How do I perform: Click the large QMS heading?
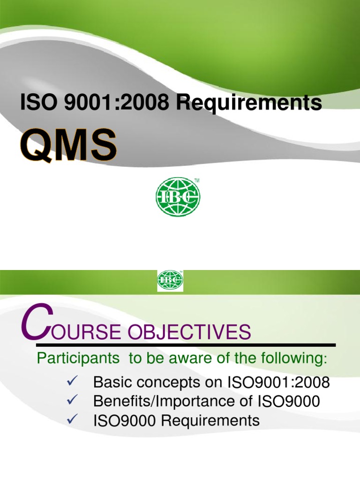point(68,145)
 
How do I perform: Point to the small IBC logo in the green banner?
point(170,280)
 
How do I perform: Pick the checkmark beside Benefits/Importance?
point(72,400)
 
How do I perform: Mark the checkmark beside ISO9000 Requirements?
point(72,419)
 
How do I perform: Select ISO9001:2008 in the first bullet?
point(278,382)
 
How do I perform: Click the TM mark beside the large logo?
point(196,180)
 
